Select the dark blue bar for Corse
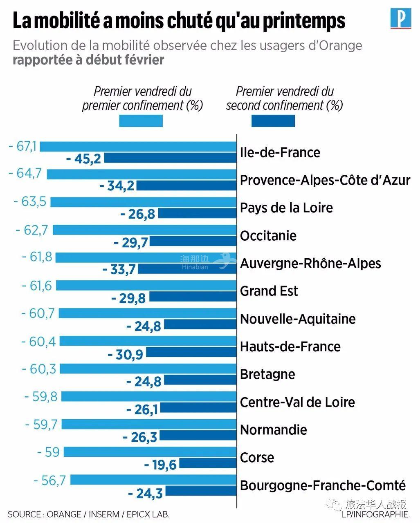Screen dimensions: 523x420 point(208,463)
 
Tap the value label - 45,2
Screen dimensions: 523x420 point(83,159)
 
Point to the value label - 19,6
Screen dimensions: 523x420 point(160,465)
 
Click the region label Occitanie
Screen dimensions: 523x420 point(268,236)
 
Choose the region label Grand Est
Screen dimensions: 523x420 point(269,291)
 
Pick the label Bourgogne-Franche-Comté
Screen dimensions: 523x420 point(323,486)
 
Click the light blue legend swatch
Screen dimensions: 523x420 point(141,121)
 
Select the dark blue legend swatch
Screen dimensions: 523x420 point(273,121)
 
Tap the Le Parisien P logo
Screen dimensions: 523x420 point(400,19)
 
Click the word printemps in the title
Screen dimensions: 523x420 point(304,21)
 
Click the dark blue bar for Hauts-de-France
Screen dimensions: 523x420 point(191,352)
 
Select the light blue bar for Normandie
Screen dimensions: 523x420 point(149,425)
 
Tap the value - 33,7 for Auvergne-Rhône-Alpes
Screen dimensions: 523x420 point(119,270)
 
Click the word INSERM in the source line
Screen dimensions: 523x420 point(105,514)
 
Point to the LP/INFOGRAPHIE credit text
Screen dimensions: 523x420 point(375,514)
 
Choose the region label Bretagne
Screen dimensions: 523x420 point(267,375)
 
